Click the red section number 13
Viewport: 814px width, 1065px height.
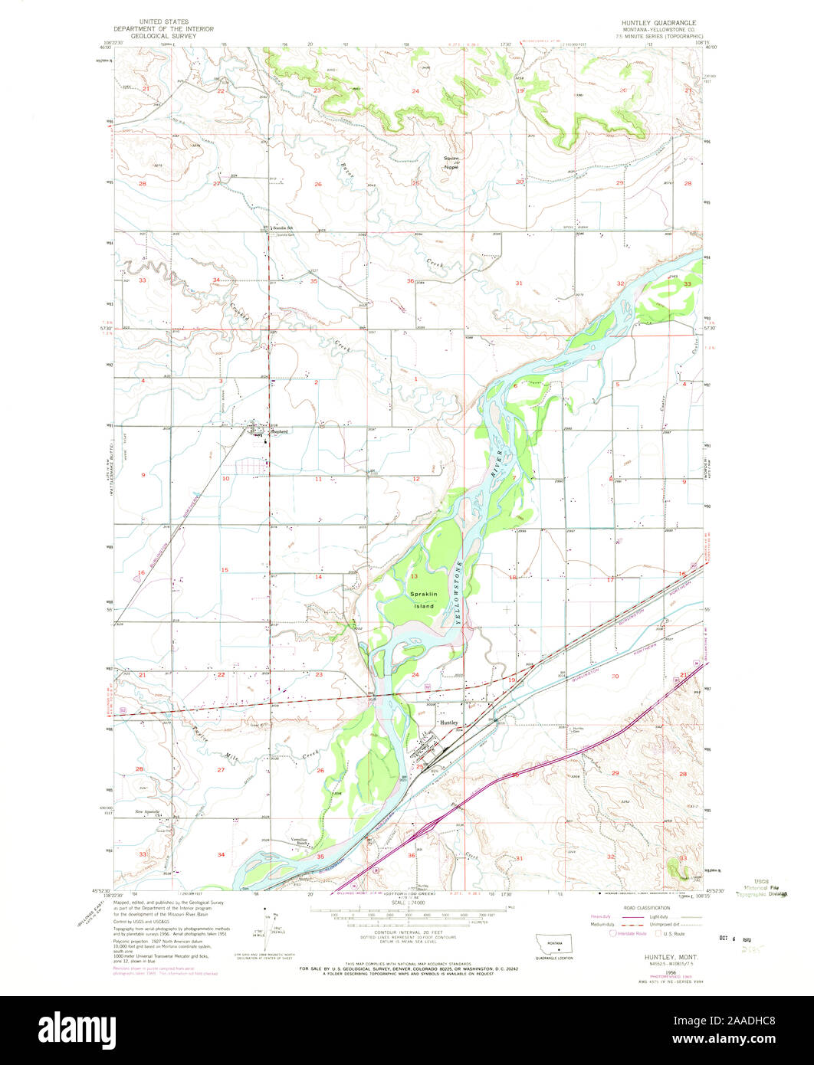point(413,575)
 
